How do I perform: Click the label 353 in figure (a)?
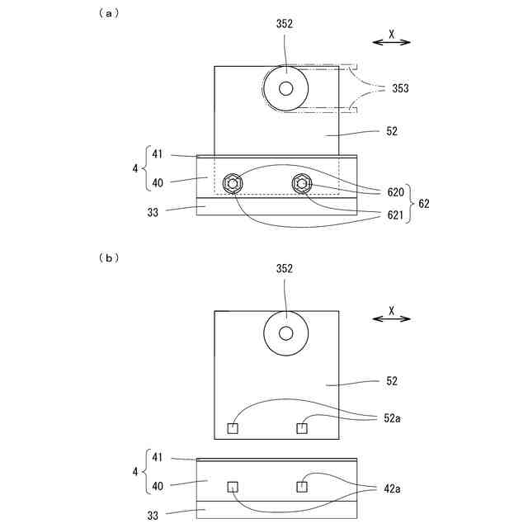coord(400,88)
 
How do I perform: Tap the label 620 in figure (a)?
coord(395,191)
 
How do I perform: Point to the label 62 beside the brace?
coord(424,202)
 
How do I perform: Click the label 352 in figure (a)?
coord(285,25)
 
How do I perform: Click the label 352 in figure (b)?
coord(285,269)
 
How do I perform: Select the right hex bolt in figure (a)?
coord(302,183)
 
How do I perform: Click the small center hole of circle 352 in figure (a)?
coord(285,88)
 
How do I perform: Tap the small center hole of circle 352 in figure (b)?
coord(285,332)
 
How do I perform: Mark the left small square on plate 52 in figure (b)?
coord(233,427)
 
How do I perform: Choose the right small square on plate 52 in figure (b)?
coord(301,427)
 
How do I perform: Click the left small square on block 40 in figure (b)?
coord(233,486)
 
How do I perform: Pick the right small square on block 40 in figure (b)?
coord(301,486)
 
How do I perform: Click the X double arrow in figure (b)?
coord(392,315)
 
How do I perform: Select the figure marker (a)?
coord(108,12)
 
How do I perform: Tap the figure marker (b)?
coord(108,257)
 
